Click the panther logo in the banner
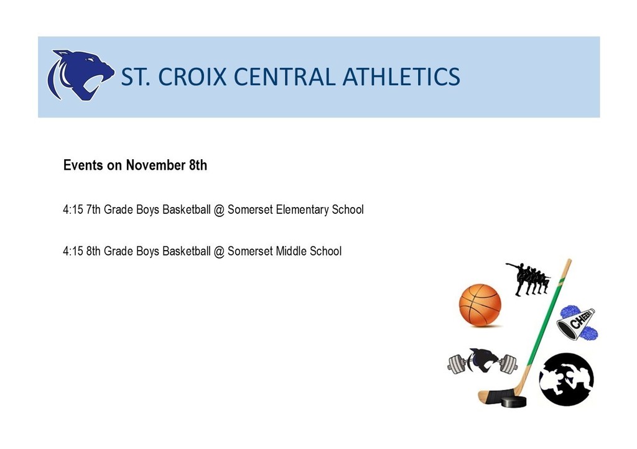[x=80, y=75]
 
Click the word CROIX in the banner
[x=192, y=76]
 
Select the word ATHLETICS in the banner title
[x=401, y=76]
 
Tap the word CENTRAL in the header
[x=284, y=76]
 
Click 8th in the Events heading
[x=198, y=165]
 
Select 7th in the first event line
[x=93, y=210]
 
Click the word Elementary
[x=302, y=210]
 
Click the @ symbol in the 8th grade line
[x=219, y=252]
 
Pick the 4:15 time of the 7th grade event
[x=73, y=210]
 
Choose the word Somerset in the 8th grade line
[x=250, y=251]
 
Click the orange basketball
[x=480, y=305]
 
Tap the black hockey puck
[x=513, y=402]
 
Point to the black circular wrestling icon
[x=566, y=379]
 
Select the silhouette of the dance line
[x=528, y=279]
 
